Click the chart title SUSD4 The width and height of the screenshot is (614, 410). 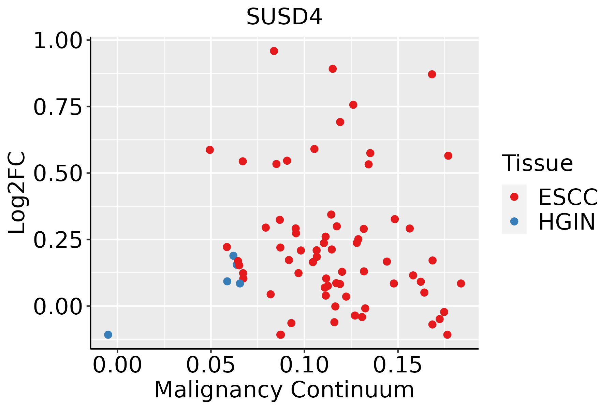pos(284,17)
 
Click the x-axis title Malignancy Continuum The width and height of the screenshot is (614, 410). pos(284,390)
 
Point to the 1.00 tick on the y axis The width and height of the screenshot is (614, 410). pos(58,41)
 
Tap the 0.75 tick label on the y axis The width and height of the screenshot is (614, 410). pos(58,107)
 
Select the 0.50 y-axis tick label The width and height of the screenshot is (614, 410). pos(58,174)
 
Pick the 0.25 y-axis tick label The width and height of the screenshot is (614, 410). pos(58,240)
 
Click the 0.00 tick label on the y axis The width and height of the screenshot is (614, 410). pos(58,306)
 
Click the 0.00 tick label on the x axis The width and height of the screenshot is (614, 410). pos(117,365)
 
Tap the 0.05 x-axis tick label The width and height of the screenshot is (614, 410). pos(211,365)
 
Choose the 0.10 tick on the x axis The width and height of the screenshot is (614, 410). pos(304,365)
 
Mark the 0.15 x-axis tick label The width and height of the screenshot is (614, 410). pos(398,365)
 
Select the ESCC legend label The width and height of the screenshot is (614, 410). pos(568,197)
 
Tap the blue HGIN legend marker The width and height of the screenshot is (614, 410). pos(514,221)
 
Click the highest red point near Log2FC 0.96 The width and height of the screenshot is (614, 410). pos(274,51)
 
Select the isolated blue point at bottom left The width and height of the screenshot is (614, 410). pos(108,334)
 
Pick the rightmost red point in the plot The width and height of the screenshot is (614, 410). pos(461,283)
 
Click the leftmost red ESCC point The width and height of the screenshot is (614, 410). pos(210,150)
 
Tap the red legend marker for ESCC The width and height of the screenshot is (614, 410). pos(514,197)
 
